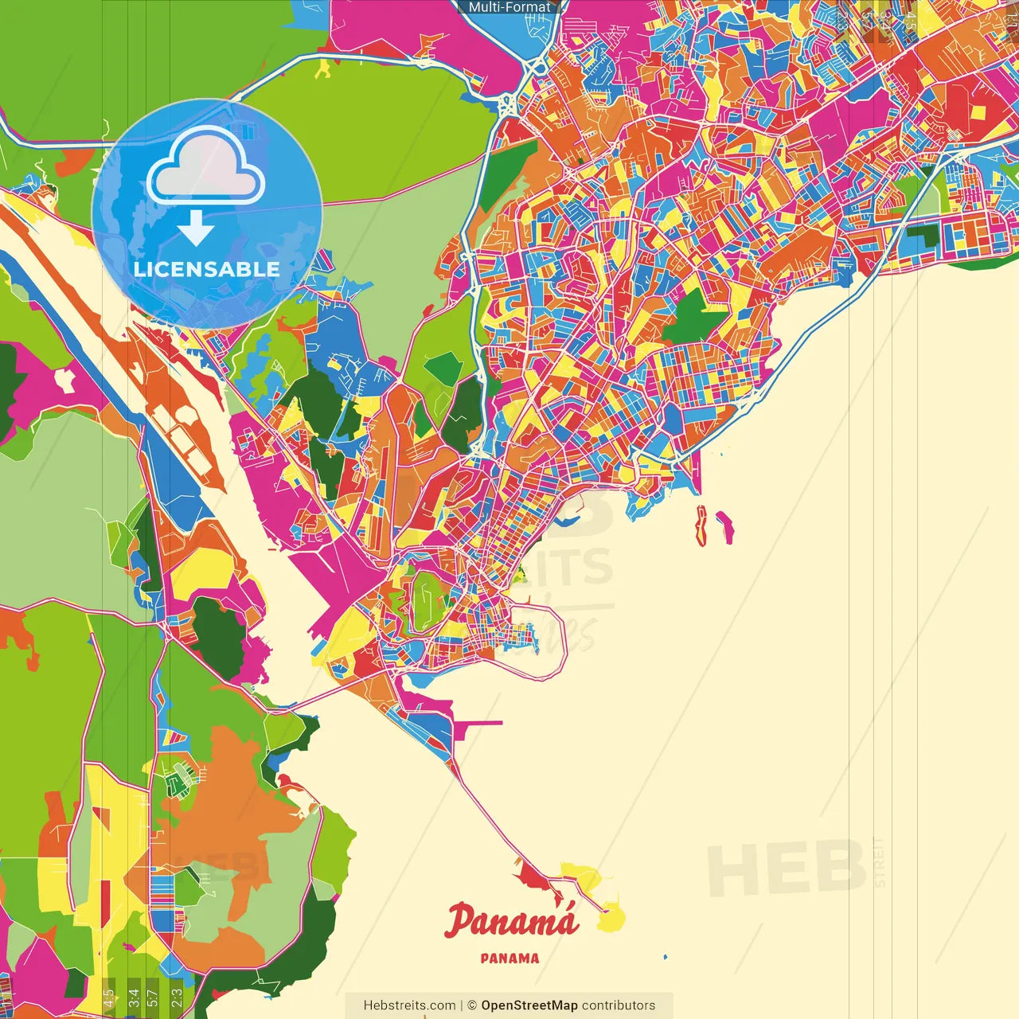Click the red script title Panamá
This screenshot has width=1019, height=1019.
(x=511, y=922)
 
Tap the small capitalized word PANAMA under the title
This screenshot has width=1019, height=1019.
(x=509, y=958)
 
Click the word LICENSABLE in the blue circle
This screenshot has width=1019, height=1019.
(x=207, y=269)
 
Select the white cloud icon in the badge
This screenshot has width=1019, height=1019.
(x=206, y=168)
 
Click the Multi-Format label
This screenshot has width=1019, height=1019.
(x=509, y=7)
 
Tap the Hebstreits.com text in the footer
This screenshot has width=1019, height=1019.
(x=409, y=1005)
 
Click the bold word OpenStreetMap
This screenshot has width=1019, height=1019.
(x=529, y=1005)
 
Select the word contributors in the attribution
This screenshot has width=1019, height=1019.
(x=619, y=1005)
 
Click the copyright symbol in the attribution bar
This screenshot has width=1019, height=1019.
(x=471, y=1005)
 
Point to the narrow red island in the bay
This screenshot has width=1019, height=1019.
(x=701, y=525)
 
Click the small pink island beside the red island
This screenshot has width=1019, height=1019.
(x=725, y=527)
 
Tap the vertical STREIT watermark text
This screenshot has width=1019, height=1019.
(x=879, y=861)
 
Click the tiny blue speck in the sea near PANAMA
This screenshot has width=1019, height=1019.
(x=666, y=956)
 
